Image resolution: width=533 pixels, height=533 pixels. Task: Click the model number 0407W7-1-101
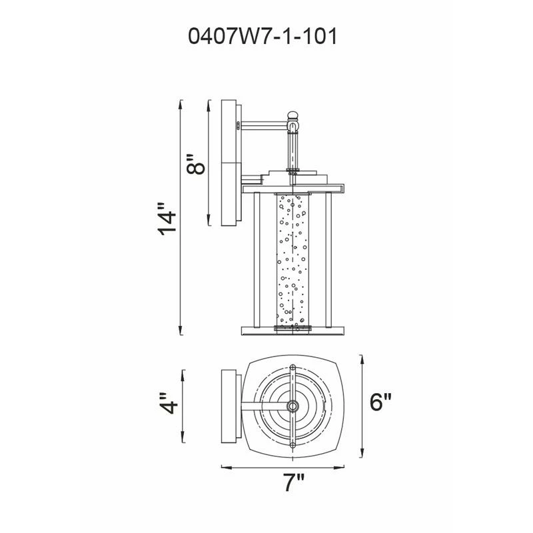(x=263, y=37)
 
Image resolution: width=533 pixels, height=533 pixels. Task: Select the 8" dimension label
(x=196, y=164)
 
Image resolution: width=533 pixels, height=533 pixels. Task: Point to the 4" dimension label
(x=169, y=404)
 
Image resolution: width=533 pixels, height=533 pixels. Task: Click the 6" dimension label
(x=380, y=402)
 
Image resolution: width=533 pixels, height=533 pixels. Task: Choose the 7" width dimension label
(x=294, y=483)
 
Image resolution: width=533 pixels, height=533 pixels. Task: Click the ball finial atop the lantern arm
(x=292, y=115)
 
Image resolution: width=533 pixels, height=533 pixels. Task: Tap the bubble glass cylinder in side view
(x=292, y=262)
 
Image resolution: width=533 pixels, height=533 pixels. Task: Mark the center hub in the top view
(x=292, y=406)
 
